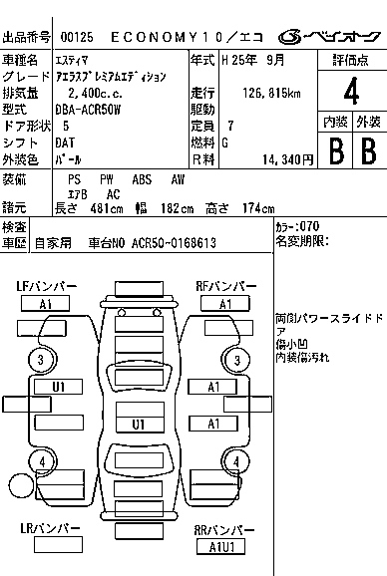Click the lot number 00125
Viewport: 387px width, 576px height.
[x=75, y=38]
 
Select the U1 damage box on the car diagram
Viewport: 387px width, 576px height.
[x=59, y=387]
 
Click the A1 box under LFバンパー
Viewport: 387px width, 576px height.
[x=46, y=304]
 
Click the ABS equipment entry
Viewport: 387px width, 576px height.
[x=143, y=178]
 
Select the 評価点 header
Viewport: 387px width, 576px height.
[x=350, y=60]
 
